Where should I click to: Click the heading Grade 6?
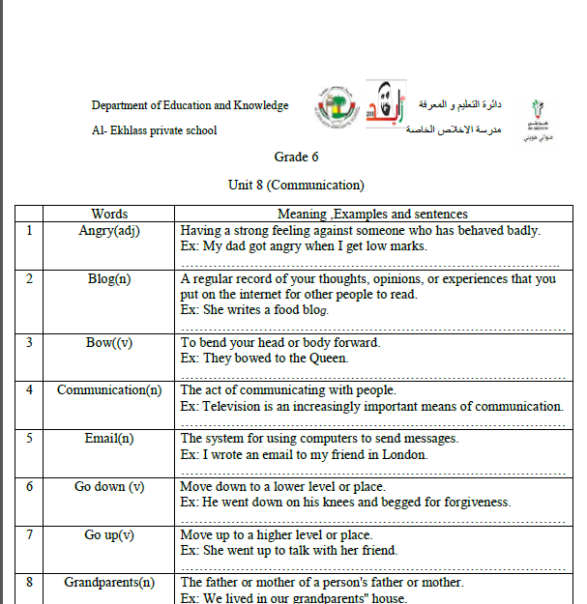[x=296, y=158]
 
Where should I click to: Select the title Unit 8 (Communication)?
[x=296, y=185]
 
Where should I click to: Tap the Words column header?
[x=109, y=214]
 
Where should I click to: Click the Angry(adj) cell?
[x=109, y=231]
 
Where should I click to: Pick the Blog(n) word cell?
[x=109, y=279]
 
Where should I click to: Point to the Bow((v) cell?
[x=109, y=342]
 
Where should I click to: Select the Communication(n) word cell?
[x=109, y=390]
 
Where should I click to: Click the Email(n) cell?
[x=109, y=439]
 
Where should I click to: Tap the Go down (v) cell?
[x=109, y=487]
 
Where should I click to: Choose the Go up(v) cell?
[x=109, y=535]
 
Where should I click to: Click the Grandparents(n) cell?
[x=109, y=583]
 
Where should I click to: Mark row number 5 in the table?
[x=29, y=439]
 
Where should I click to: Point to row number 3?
[x=29, y=342]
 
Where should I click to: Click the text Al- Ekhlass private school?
[x=155, y=130]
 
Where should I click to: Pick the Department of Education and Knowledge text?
[x=190, y=105]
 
